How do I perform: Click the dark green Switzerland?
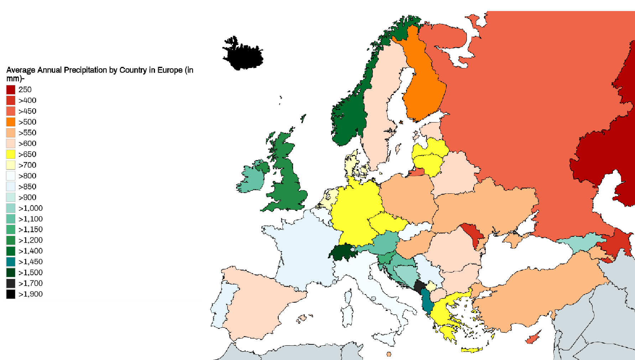click(x=342, y=252)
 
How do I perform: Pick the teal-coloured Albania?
click(x=426, y=301)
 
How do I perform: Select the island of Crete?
click(x=472, y=350)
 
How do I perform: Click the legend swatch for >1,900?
click(x=11, y=294)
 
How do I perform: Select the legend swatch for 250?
click(x=11, y=90)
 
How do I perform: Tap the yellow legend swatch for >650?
click(x=11, y=154)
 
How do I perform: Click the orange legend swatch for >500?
click(x=11, y=122)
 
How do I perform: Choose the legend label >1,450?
click(x=31, y=262)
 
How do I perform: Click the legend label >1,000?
click(x=31, y=208)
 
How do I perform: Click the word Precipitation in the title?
click(x=85, y=70)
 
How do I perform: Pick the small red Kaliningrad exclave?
click(x=417, y=173)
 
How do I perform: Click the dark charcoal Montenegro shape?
click(x=419, y=286)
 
